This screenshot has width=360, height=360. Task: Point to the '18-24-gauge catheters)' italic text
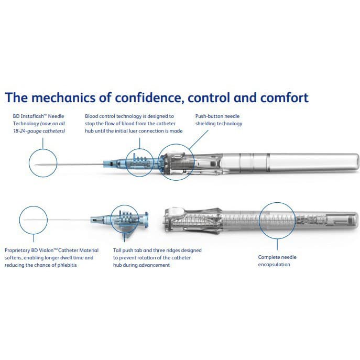pos(39,131)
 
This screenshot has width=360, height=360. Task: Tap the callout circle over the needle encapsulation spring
pos(277,220)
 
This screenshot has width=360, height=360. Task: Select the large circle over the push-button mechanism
pos(176,162)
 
